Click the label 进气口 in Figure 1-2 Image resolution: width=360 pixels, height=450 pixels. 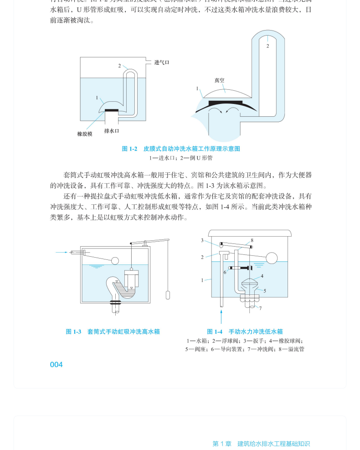tap(162, 62)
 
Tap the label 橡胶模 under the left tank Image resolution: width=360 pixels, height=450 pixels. tap(85, 134)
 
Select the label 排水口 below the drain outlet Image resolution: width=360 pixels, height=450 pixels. tap(112, 131)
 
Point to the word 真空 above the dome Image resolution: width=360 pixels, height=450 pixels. tap(219, 80)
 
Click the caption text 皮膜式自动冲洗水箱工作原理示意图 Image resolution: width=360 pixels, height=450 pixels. tap(191, 149)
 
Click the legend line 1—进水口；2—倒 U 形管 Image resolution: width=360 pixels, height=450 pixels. tap(181, 158)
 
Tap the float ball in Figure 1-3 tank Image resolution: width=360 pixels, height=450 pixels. tap(115, 261)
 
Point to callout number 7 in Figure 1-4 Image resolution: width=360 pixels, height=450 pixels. tap(260, 308)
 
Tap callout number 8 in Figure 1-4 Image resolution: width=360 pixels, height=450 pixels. tap(252, 240)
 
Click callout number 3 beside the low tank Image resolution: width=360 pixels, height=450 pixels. tap(202, 240)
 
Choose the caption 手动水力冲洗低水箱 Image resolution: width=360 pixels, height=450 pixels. tap(256, 332)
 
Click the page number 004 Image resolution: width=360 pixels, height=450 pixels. tap(56, 365)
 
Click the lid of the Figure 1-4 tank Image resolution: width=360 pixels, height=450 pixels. tap(249, 233)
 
